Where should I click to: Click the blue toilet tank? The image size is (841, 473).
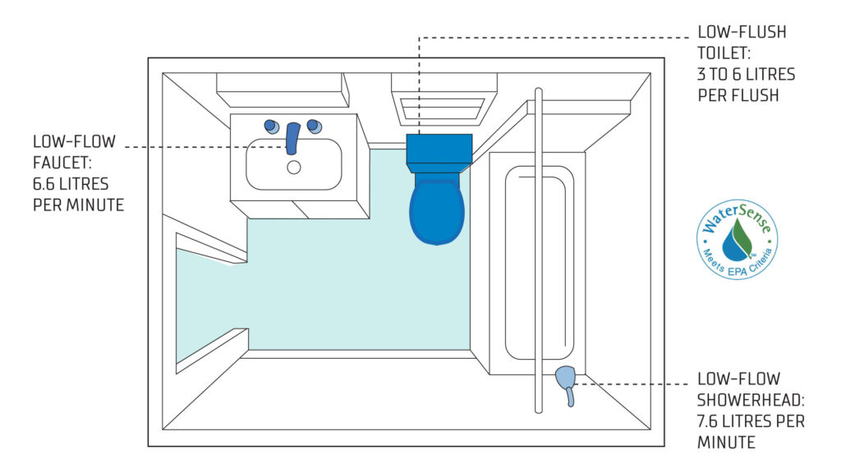[439, 149]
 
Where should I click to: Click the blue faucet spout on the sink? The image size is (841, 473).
[293, 138]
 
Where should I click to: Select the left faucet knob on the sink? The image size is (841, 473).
[272, 126]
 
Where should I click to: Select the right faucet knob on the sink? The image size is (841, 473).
[315, 126]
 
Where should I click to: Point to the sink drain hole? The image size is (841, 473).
[293, 168]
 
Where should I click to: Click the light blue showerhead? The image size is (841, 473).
[566, 385]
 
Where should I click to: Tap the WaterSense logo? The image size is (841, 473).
[737, 239]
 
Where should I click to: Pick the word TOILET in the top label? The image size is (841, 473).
[724, 53]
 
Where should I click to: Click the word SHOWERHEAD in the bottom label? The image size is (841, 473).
[751, 400]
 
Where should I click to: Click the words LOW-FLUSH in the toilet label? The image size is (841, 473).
[742, 32]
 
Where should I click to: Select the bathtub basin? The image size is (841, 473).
[539, 263]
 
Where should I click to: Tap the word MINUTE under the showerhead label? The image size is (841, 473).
[726, 443]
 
